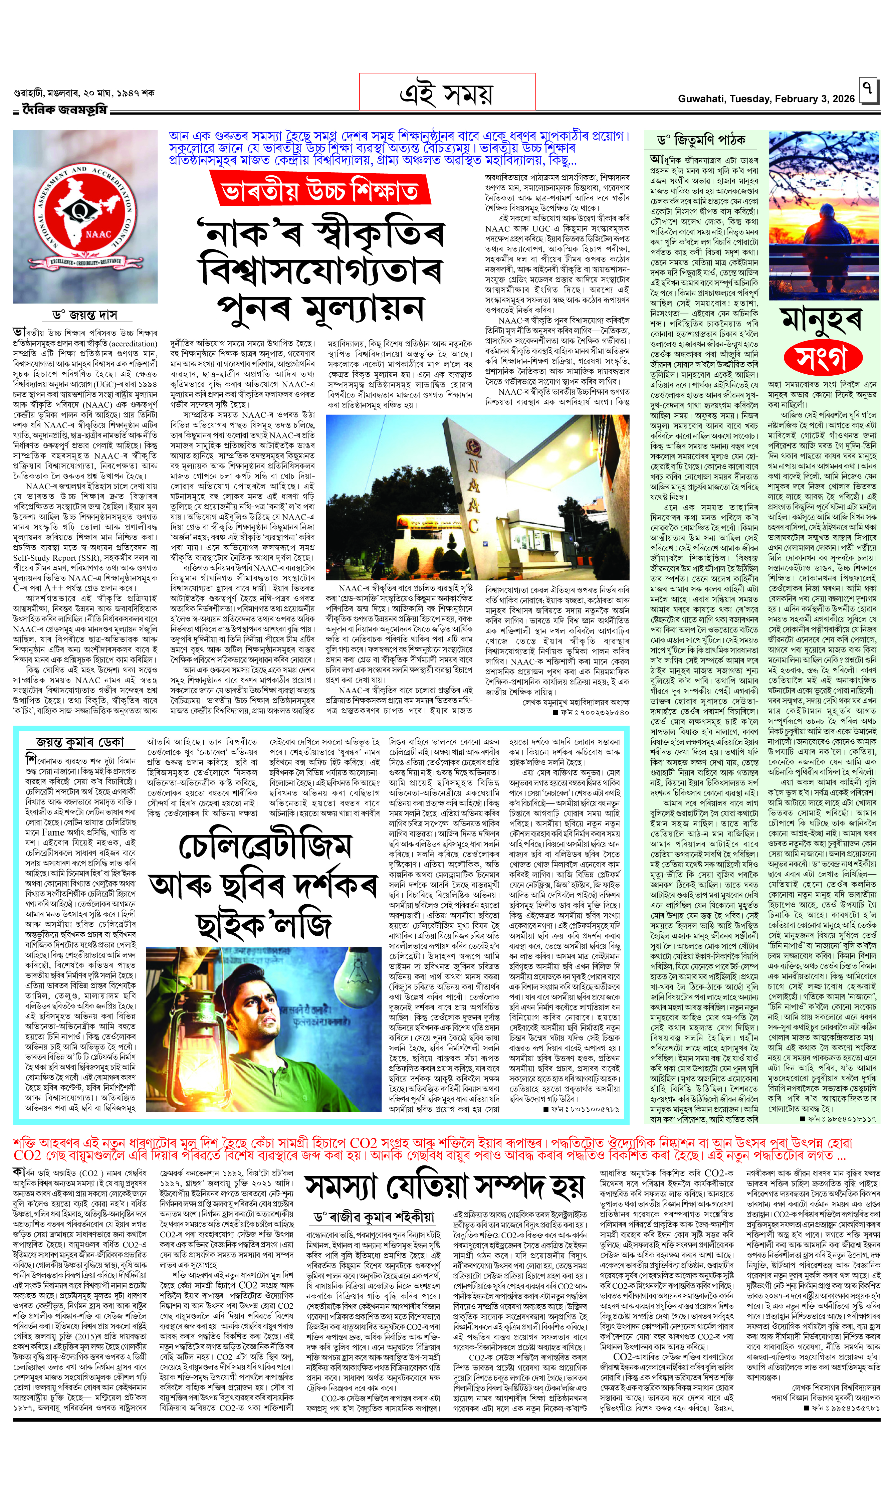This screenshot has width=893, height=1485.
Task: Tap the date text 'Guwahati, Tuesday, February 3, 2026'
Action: (x=765, y=99)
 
